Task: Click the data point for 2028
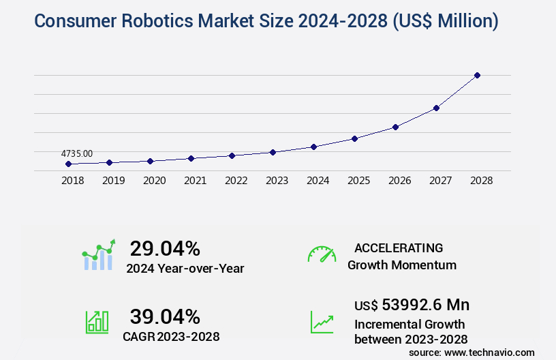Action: [x=477, y=75]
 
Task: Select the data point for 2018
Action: [x=68, y=164]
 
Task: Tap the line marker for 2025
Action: [x=354, y=138]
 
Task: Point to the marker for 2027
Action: [x=436, y=108]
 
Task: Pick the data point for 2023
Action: [x=273, y=152]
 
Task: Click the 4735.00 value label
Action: [x=77, y=154]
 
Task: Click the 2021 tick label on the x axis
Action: [x=195, y=181]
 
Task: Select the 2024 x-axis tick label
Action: [x=318, y=181]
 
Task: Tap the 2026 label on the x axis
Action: [x=399, y=181]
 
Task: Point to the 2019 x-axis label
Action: [x=113, y=181]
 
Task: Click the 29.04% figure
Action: [x=165, y=248]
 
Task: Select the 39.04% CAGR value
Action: [x=165, y=316]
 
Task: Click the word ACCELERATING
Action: [x=399, y=247]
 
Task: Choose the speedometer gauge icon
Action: [x=322, y=254]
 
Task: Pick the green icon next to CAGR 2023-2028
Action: [x=97, y=322]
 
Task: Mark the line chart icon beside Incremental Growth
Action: [x=322, y=322]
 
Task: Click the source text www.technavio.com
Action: [x=489, y=352]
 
